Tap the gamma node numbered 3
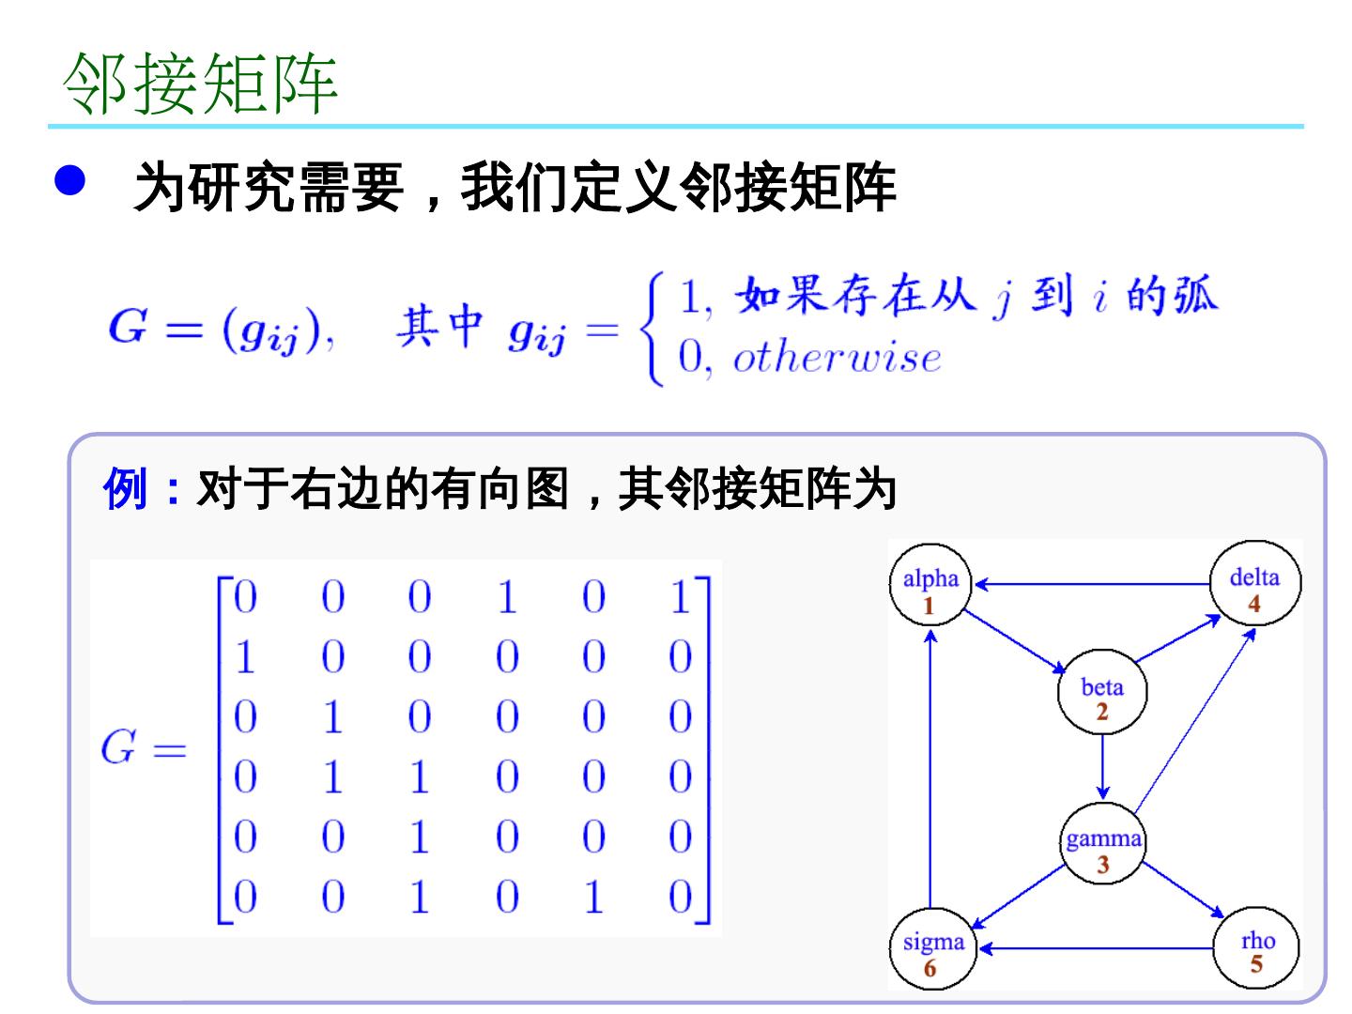1102,848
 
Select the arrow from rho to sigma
1095,948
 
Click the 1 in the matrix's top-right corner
681,597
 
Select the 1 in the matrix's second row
244,657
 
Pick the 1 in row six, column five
593,898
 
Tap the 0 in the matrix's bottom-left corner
244,898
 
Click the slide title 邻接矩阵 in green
200,83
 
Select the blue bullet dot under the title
70,181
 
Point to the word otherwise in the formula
837,359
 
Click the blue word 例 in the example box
125,488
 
